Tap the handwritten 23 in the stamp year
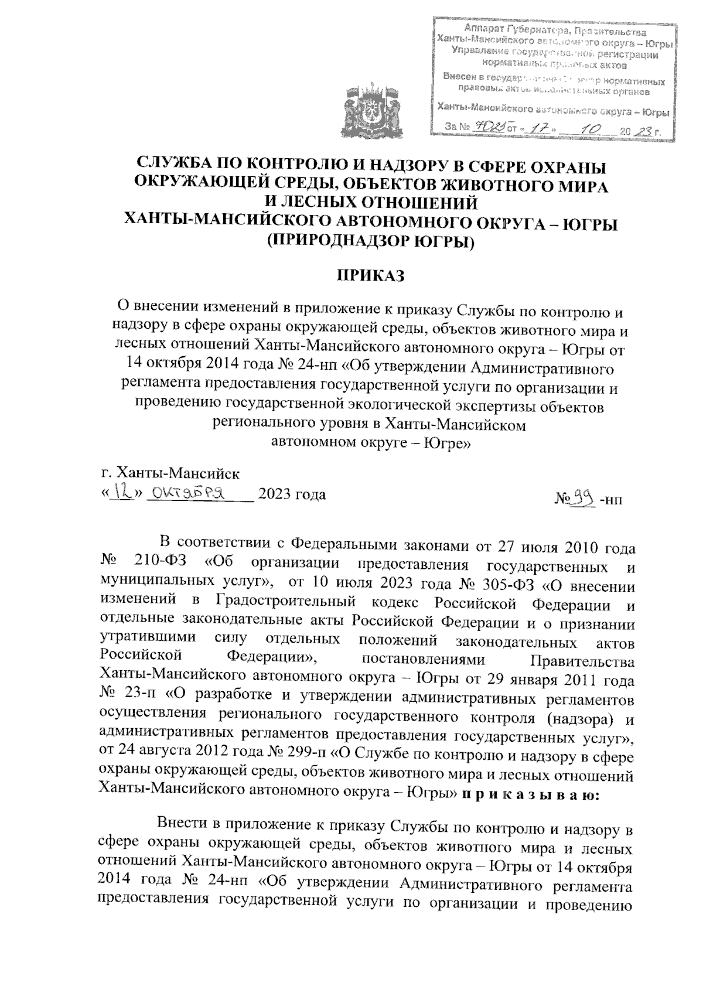coord(644,132)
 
